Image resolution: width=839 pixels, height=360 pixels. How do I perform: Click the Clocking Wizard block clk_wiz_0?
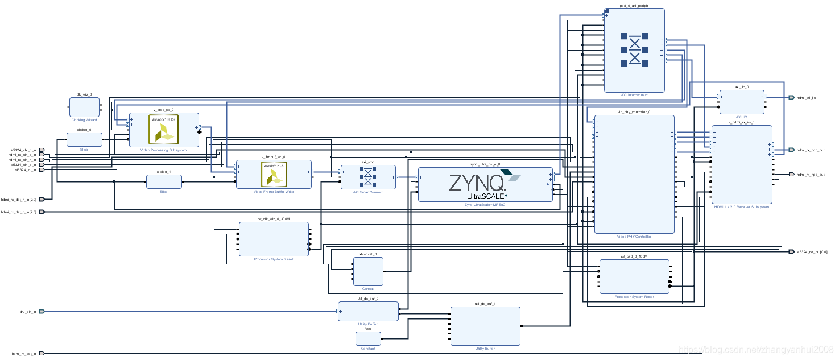pyautogui.click(x=84, y=107)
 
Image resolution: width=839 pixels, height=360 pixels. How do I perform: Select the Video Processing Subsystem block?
pyautogui.click(x=164, y=130)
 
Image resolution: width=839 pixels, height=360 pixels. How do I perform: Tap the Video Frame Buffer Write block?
pyautogui.click(x=274, y=174)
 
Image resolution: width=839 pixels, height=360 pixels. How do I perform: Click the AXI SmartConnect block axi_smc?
pyautogui.click(x=368, y=177)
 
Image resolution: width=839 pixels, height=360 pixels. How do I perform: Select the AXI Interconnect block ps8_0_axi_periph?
pyautogui.click(x=634, y=50)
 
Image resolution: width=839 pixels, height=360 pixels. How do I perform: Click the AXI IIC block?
pyautogui.click(x=742, y=102)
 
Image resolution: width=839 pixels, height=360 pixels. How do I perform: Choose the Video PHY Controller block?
pyautogui.click(x=634, y=174)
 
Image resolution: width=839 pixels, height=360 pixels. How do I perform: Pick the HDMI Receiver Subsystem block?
pyautogui.click(x=742, y=164)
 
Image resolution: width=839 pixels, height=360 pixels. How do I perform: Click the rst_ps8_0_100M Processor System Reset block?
pyautogui.click(x=634, y=276)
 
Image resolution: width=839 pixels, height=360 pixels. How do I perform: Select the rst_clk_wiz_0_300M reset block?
pyautogui.click(x=274, y=239)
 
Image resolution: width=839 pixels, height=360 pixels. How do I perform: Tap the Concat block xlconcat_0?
pyautogui.click(x=368, y=271)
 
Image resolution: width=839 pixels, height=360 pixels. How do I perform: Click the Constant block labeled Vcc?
pyautogui.click(x=368, y=338)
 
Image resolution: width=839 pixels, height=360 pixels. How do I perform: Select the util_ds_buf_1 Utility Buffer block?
pyautogui.click(x=485, y=326)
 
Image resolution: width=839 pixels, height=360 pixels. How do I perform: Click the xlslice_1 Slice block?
pyautogui.click(x=164, y=181)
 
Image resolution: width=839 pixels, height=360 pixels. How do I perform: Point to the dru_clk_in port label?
pyautogui.click(x=27, y=311)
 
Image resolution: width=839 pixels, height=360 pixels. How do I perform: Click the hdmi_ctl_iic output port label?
pyautogui.click(x=806, y=97)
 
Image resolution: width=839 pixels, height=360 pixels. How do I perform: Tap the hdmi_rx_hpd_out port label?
pyautogui.click(x=811, y=175)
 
